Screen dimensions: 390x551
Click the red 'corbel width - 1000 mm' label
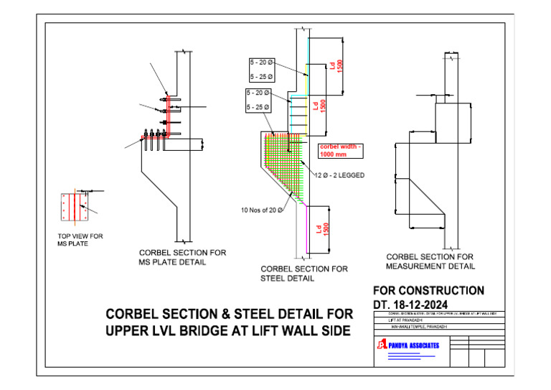point(342,151)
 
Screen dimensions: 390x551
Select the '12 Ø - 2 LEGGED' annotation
point(340,175)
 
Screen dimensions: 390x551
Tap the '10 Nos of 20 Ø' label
point(261,210)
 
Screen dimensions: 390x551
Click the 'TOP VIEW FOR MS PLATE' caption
point(80,240)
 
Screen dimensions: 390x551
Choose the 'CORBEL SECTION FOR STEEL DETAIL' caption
point(304,274)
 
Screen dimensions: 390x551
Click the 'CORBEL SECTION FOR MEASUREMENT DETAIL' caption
point(430,261)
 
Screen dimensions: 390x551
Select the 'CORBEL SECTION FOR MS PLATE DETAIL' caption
point(182,257)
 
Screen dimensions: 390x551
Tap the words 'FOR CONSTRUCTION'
point(429,291)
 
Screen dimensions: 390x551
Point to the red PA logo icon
point(381,345)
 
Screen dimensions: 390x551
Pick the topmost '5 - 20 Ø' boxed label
point(260,62)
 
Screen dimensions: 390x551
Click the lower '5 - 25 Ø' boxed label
point(257,108)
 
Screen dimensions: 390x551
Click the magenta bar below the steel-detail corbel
point(308,228)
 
